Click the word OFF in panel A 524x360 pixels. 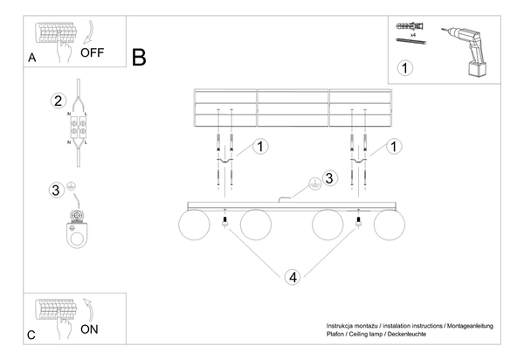pos(92,52)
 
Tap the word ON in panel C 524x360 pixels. pos(89,330)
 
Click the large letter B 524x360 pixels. pos(139,58)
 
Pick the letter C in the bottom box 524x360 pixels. pos(31,336)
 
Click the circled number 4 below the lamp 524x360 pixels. pos(293,278)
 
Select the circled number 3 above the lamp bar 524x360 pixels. pos(329,179)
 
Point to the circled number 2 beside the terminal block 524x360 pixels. pos(59,100)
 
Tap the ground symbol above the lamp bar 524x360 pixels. pos(310,184)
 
